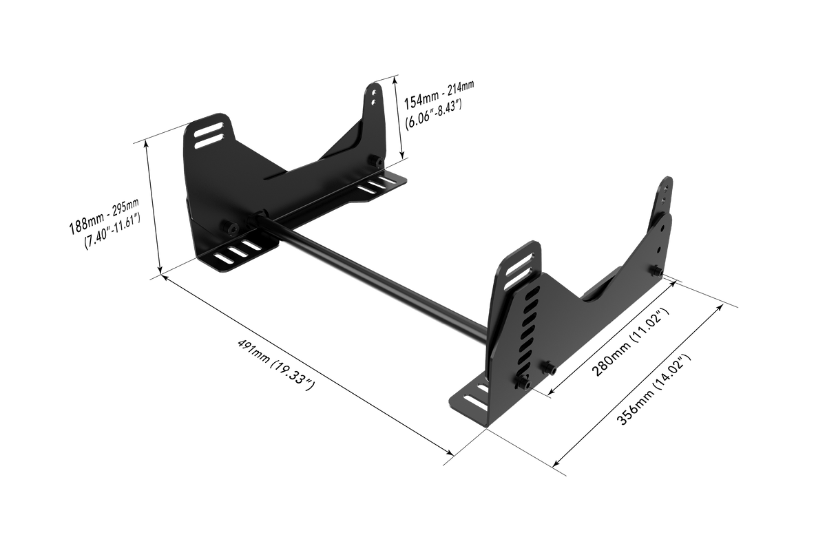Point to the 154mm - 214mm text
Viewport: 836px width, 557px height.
coord(439,94)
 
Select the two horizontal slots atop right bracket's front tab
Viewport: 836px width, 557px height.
coord(523,262)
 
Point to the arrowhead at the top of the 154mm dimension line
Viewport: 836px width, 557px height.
coord(397,78)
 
